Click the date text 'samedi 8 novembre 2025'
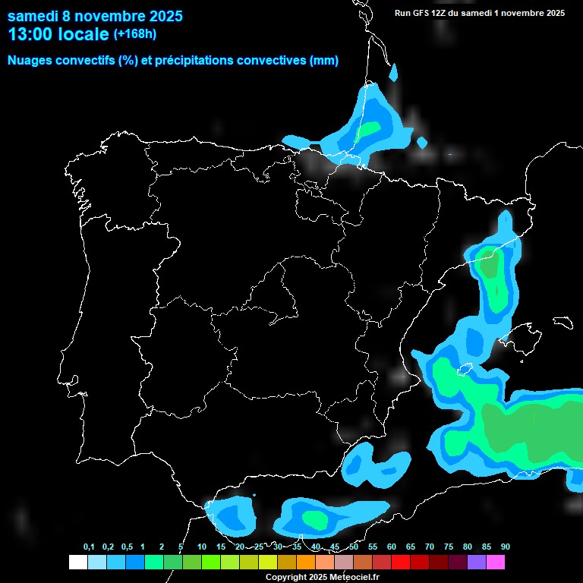(95, 16)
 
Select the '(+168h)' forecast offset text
(135, 33)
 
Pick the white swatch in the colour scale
(77, 563)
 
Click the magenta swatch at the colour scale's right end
(496, 563)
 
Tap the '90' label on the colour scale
(505, 547)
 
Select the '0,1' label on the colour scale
(89, 547)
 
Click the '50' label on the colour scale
(354, 547)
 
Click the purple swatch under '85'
(477, 563)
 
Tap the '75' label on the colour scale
(448, 547)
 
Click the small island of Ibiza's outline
(462, 370)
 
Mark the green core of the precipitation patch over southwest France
(370, 128)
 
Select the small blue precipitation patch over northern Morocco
(230, 515)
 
